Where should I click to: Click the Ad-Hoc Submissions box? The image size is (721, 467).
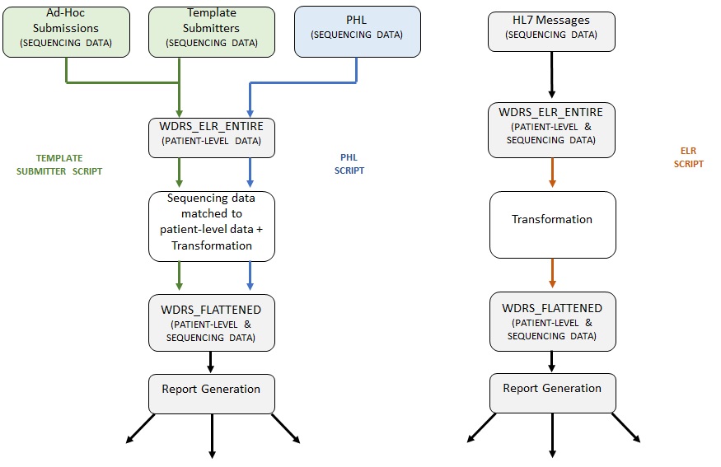66,32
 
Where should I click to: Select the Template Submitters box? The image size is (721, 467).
212,32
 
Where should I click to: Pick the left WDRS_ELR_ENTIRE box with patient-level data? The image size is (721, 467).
212,137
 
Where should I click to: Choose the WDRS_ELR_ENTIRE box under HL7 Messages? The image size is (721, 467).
552,129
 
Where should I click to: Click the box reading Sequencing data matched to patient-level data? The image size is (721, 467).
212,226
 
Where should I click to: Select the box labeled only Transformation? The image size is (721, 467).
552,225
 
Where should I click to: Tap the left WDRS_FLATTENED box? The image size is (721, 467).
212,323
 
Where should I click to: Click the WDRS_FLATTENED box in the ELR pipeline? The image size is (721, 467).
552,321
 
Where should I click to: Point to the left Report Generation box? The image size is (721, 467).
212,394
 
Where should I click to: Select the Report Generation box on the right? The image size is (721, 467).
552,393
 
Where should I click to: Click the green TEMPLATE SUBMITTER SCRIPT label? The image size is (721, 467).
59,164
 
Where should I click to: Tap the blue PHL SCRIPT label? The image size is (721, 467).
349,164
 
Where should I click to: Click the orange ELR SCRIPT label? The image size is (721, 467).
689,158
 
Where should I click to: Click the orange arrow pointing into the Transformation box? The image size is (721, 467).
552,174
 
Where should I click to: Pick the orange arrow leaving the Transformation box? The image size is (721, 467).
552,274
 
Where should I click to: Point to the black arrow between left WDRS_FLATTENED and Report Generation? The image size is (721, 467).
212,362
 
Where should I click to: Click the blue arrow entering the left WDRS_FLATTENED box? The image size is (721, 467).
249,277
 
